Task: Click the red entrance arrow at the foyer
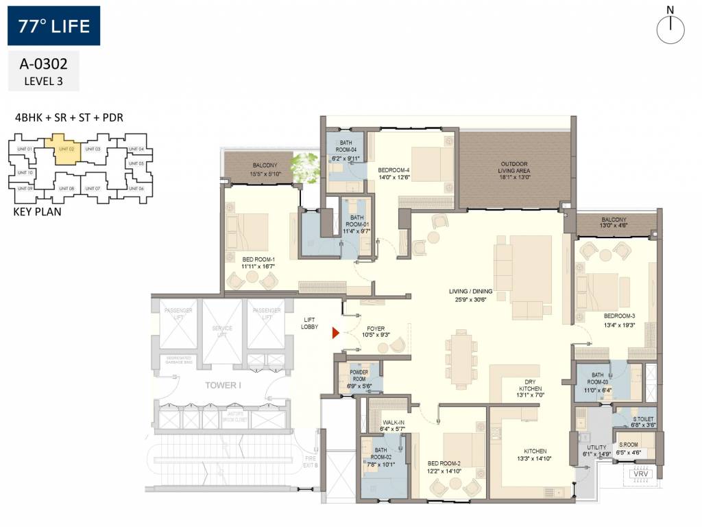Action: pyautogui.click(x=336, y=333)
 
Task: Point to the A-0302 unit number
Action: pyautogui.click(x=43, y=66)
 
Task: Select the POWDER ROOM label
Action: pyautogui.click(x=359, y=375)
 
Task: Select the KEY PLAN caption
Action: pyautogui.click(x=37, y=211)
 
